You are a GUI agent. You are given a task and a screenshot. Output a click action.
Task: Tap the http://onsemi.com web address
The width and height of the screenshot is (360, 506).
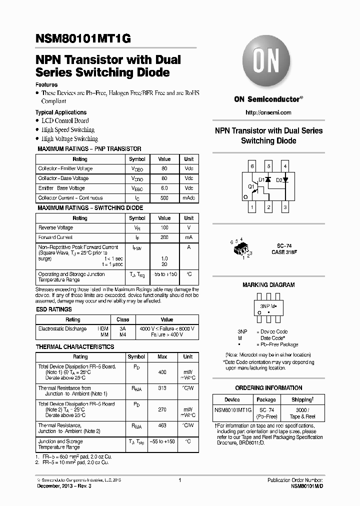[268, 112]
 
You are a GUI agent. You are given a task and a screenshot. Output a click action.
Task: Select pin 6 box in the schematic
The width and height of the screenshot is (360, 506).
[252, 166]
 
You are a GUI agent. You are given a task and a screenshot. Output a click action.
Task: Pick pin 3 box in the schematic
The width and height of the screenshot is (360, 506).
[285, 206]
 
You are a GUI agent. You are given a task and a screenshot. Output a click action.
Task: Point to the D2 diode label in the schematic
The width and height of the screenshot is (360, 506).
[279, 179]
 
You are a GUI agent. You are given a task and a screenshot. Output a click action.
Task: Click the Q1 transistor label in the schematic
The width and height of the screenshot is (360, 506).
[251, 186]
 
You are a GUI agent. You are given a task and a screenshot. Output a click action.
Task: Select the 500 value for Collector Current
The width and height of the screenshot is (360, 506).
[164, 198]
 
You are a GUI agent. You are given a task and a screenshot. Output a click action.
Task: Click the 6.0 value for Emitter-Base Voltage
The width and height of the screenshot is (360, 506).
[164, 188]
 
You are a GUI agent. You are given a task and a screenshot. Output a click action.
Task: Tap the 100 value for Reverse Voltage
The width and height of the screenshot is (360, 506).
[164, 228]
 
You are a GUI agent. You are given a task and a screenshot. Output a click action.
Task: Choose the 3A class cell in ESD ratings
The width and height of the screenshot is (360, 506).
[122, 328]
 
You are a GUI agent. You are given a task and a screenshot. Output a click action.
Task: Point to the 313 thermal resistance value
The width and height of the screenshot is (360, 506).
[162, 388]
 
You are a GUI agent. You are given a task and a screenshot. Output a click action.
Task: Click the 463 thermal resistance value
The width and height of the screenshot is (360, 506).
[162, 425]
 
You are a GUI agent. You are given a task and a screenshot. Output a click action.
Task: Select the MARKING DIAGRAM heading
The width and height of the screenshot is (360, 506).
[268, 285]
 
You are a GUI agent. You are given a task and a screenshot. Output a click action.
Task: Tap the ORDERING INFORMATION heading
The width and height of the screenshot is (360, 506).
[268, 388]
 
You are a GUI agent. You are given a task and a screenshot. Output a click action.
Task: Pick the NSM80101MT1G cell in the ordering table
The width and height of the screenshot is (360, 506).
[232, 409]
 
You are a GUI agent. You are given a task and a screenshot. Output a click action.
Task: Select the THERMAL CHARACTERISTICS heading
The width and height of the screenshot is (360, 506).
[75, 346]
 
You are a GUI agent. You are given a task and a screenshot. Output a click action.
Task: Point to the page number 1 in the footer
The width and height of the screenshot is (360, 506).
[179, 480]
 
